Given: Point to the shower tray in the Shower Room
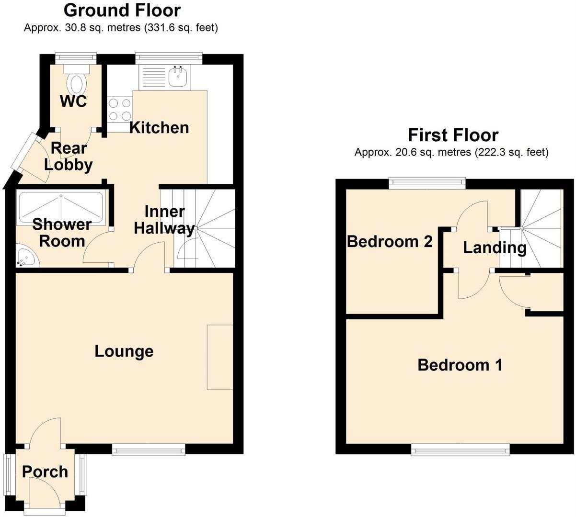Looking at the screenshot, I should (x=60, y=208).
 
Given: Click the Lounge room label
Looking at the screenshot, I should (x=124, y=351).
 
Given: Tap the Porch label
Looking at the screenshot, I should (x=45, y=472).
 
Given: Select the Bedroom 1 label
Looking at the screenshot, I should (x=460, y=365).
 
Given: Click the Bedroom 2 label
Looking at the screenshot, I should (x=390, y=242).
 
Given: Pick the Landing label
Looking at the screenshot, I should (x=495, y=247).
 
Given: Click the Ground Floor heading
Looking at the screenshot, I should (x=122, y=10).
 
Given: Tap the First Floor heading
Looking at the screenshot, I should (x=453, y=135).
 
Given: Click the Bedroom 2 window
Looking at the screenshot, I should (x=427, y=182).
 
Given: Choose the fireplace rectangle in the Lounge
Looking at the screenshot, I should (x=220, y=357).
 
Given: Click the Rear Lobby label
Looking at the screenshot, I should (x=69, y=157).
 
